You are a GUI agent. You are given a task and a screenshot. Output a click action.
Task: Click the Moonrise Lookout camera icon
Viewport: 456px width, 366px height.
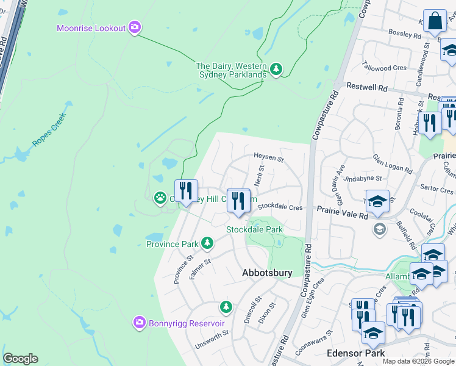(x=135, y=28)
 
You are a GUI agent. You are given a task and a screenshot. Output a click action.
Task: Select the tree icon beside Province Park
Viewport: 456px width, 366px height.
(x=207, y=243)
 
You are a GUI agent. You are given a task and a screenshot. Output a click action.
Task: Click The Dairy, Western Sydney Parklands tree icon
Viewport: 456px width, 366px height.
(x=276, y=70)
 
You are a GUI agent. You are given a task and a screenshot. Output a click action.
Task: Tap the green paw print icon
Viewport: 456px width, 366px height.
(x=160, y=198)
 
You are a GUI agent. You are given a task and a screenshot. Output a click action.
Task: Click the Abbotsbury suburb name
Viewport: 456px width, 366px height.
(x=267, y=273)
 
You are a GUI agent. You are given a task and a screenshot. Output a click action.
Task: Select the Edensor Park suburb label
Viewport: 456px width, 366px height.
(x=355, y=353)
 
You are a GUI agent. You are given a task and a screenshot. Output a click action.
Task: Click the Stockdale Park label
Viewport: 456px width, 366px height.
(x=255, y=229)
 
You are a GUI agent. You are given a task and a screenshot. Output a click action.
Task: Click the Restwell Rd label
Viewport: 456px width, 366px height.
(x=367, y=88)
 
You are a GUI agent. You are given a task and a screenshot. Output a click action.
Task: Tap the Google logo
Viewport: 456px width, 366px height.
(x=20, y=359)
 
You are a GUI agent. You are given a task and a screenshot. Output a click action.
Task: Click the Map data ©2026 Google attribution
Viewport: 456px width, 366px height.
(x=419, y=361)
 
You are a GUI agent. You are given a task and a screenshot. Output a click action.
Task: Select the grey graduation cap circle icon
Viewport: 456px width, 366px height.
(x=380, y=229)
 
